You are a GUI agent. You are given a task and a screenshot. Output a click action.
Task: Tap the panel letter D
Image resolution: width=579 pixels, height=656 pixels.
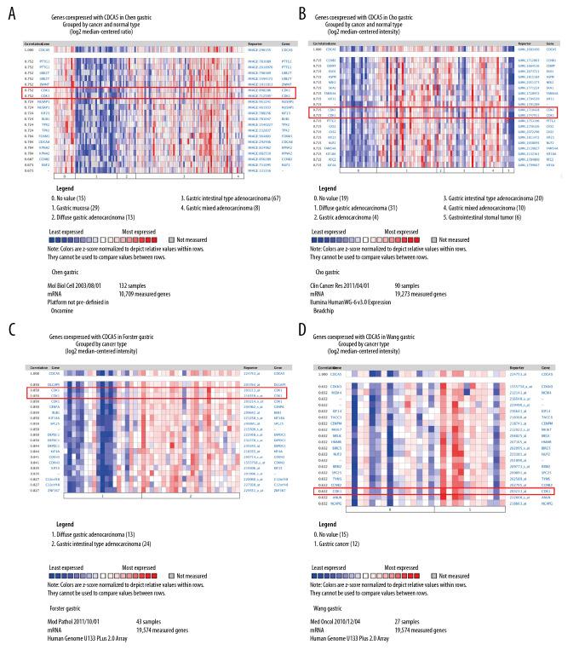click(x=303, y=338)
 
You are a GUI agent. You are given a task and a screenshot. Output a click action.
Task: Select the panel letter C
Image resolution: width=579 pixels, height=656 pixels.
click(x=9, y=338)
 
